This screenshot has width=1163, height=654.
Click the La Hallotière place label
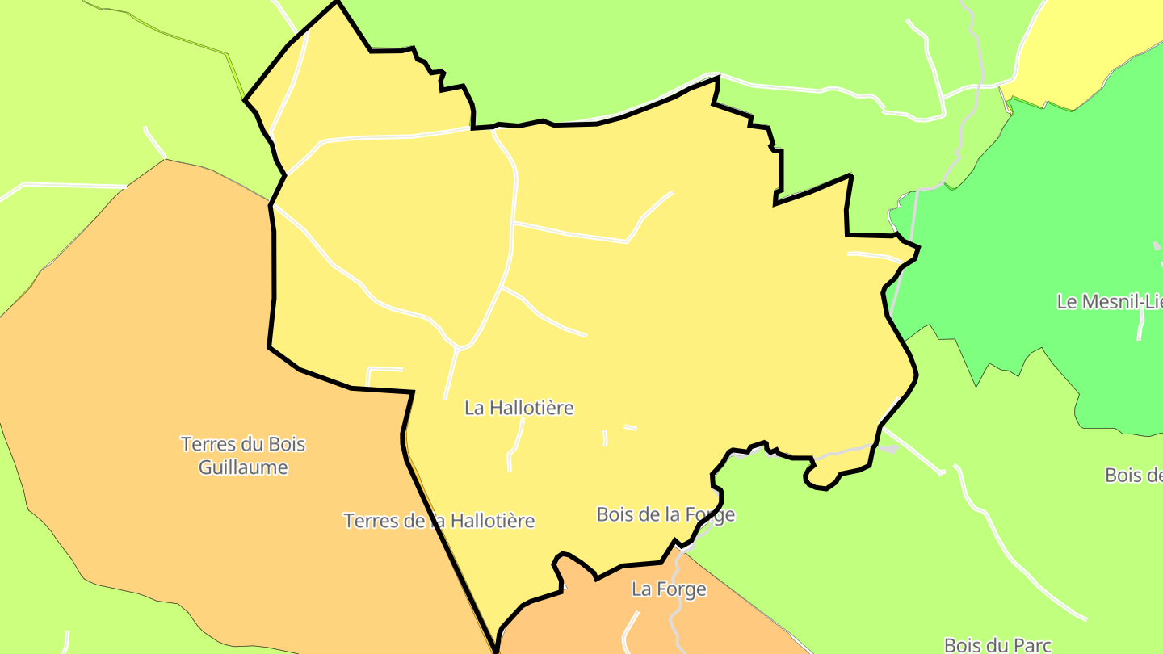519,408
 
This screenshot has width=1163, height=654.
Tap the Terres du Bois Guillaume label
243,455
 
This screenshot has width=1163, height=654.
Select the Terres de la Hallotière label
439,521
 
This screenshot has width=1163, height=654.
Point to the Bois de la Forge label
665,514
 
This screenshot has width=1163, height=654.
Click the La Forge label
669,589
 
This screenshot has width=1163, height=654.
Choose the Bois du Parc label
997,645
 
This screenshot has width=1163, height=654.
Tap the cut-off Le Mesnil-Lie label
1109,302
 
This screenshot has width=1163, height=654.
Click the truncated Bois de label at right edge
1133,475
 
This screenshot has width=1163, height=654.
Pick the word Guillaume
243,467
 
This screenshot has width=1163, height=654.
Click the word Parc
1031,645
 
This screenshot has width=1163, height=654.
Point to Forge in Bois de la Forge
709,514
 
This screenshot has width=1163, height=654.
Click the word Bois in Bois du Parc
963,645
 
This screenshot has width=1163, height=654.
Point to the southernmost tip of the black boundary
494,651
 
